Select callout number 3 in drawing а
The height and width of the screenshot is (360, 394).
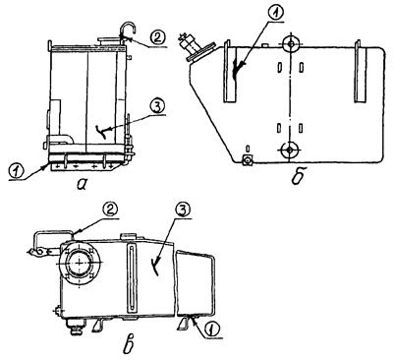coord(157,106)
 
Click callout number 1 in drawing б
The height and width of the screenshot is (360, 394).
coord(275,14)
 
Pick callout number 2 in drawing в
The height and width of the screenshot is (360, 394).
coord(110,209)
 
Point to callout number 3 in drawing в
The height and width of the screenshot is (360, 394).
coord(183,209)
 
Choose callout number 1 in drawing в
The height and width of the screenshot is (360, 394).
coord(213,329)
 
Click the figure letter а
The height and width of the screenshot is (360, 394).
coord(82,185)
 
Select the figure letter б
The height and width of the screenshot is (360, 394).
coord(298,177)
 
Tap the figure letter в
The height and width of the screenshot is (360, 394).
coord(130,346)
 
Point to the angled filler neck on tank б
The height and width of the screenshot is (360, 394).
coord(197,47)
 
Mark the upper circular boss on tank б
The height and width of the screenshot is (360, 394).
coord(290,43)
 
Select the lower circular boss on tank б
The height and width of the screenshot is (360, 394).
coord(290,150)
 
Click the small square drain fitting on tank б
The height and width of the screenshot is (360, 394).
coord(248,160)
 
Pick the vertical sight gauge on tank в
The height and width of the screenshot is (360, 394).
coord(132,278)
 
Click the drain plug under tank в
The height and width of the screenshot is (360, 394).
coord(75,327)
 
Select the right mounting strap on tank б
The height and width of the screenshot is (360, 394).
coord(361,71)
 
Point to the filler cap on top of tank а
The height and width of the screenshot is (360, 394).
coord(109,41)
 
